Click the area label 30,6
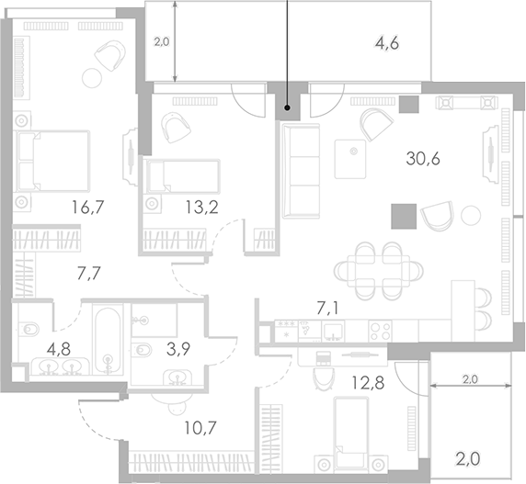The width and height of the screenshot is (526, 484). (x=423, y=159)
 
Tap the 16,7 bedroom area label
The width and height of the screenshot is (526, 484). (x=88, y=208)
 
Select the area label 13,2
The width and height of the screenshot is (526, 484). (x=202, y=208)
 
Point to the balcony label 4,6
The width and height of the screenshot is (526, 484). (x=387, y=44)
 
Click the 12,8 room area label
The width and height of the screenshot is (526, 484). (x=368, y=382)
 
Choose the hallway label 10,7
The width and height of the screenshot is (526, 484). (x=200, y=428)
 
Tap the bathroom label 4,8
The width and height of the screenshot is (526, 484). (x=59, y=350)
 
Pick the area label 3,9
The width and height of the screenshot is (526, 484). (x=178, y=349)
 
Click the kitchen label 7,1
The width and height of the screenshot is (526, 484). (x=327, y=308)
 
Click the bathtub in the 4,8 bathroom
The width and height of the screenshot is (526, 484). (x=108, y=340)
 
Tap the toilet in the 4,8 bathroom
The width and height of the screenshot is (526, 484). (x=28, y=329)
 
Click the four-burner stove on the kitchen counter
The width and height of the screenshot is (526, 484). (x=380, y=331)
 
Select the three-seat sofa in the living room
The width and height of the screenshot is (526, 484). (x=301, y=171)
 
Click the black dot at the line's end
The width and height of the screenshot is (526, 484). (x=288, y=107)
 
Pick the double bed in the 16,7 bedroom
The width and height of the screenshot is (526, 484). (x=53, y=162)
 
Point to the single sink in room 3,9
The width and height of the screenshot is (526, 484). (x=177, y=377)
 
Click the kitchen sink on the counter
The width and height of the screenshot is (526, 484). (x=333, y=332)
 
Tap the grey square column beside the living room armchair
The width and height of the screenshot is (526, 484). (x=404, y=217)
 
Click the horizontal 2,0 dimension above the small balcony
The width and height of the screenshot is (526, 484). (x=470, y=386)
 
